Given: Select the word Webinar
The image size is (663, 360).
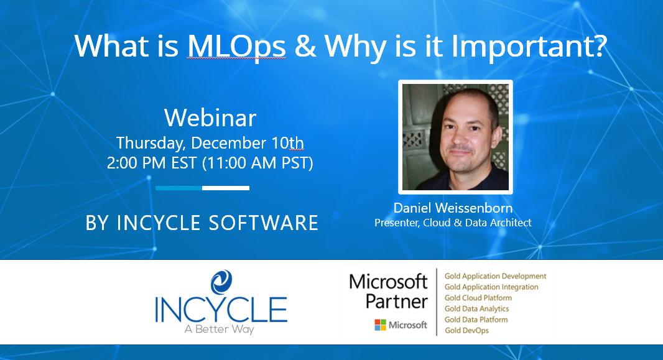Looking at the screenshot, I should click(210, 118).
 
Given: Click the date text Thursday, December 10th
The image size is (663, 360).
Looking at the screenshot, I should click(210, 143).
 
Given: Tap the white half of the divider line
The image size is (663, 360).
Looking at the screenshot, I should click(226, 188).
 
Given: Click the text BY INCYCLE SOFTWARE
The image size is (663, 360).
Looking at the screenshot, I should click(202, 223).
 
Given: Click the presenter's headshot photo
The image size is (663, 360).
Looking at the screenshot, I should click(455, 137).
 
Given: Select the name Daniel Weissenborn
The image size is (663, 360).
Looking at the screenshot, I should click(453, 208).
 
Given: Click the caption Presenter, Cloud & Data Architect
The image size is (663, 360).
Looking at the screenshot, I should click(453, 223).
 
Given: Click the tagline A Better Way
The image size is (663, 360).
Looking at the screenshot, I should click(220, 330).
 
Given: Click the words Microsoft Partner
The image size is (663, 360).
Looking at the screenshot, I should click(388, 291).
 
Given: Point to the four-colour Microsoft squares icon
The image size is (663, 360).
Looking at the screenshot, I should click(380, 325).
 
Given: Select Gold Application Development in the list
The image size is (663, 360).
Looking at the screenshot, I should click(495, 276).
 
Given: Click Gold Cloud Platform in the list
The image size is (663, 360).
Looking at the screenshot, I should click(478, 298).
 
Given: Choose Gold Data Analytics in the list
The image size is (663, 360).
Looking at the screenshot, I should click(476, 308).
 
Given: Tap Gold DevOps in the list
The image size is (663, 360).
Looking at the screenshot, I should click(466, 330).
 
